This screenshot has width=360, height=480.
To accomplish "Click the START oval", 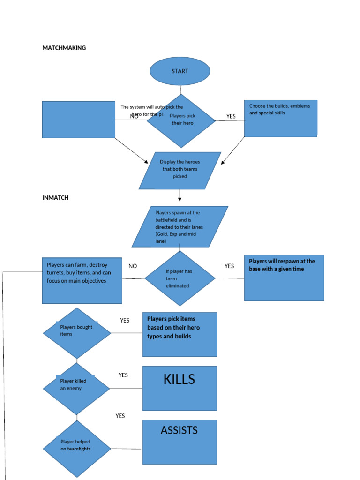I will pyautogui.click(x=180, y=71).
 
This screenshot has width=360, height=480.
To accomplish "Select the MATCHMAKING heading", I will pyautogui.click(x=64, y=48).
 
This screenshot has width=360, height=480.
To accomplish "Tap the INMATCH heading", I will pyautogui.click(x=55, y=198).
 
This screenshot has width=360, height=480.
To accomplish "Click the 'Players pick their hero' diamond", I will pyautogui.click(x=182, y=120).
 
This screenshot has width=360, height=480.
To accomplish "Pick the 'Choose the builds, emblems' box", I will pyautogui.click(x=280, y=118).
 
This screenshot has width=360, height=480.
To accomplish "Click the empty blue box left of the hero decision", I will pyautogui.click(x=78, y=120).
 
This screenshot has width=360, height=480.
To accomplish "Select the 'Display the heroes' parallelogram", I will pyautogui.click(x=180, y=170).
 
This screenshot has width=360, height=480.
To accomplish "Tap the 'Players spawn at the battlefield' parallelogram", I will pyautogui.click(x=180, y=226).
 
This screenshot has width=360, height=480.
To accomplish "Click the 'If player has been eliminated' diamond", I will pyautogui.click(x=180, y=278).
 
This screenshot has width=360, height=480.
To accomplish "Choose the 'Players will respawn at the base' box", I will pyautogui.click(x=284, y=277).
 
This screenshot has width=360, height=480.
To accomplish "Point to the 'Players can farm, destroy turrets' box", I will pyautogui.click(x=82, y=280).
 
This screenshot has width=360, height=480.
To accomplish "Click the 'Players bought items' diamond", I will pyautogui.click(x=77, y=333).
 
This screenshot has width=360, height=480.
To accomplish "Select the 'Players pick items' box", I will pyautogui.click(x=180, y=334).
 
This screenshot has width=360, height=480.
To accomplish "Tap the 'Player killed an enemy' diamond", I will pyautogui.click(x=76, y=388).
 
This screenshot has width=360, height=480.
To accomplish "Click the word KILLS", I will pyautogui.click(x=179, y=380).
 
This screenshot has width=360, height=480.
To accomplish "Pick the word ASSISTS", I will pyautogui.click(x=179, y=430).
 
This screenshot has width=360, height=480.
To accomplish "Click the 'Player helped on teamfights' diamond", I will pyautogui.click(x=77, y=449).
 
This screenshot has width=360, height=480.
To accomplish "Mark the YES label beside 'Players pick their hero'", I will pyautogui.click(x=231, y=116).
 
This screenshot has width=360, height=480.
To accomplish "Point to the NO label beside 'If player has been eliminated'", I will pyautogui.click(x=133, y=266).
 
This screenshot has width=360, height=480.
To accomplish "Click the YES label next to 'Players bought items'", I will pyautogui.click(x=125, y=321).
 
